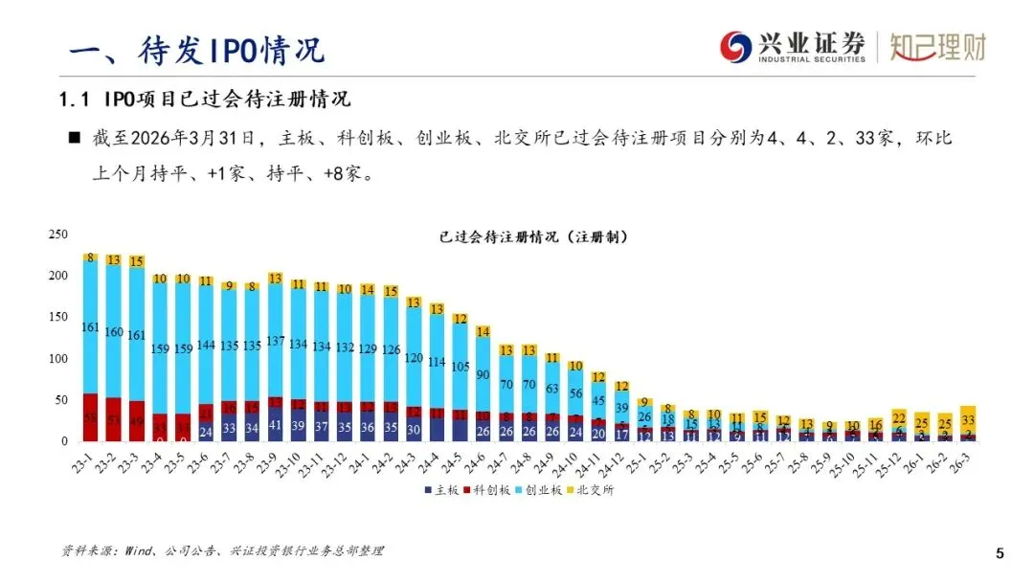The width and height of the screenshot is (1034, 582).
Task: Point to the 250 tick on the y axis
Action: click(57, 235)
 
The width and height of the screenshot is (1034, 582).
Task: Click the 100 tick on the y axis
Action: click(57, 359)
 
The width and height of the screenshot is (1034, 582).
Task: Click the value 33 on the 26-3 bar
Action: click(968, 419)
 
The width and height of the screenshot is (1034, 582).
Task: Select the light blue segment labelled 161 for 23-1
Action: click(91, 326)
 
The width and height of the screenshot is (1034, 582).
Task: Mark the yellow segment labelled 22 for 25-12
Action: click(898, 417)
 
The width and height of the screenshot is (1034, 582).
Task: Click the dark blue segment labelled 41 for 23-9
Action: click(276, 425)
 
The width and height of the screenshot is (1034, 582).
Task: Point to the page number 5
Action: click(1000, 553)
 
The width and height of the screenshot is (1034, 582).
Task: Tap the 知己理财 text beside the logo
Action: click(936, 46)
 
